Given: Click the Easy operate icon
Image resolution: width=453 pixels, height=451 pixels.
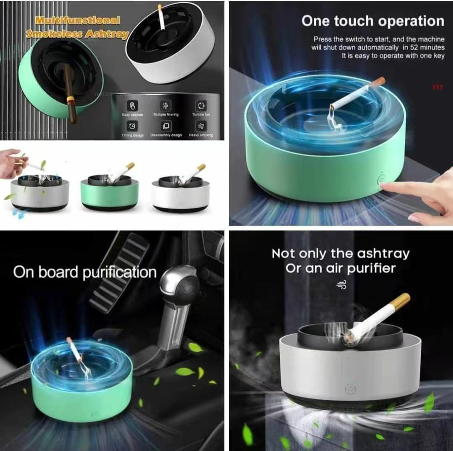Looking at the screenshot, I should click(132, 106).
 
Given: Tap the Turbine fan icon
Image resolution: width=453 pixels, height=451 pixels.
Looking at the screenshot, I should click(201, 105).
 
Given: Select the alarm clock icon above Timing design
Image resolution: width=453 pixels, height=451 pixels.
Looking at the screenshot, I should click(132, 126).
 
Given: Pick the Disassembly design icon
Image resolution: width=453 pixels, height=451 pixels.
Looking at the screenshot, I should click(166, 126).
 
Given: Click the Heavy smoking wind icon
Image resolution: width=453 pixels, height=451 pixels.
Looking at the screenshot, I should click(201, 126).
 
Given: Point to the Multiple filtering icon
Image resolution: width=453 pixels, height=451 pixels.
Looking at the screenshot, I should click(166, 106).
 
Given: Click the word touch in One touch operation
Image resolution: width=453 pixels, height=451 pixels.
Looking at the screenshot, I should click(363, 21).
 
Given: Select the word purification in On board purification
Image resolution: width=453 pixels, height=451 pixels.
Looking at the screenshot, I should click(119, 273).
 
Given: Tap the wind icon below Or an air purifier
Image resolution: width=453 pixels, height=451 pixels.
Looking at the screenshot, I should click(341, 286).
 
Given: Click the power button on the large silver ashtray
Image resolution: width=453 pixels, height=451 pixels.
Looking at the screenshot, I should click(350, 389).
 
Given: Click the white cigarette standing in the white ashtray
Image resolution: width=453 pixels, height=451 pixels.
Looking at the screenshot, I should click(161, 18).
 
